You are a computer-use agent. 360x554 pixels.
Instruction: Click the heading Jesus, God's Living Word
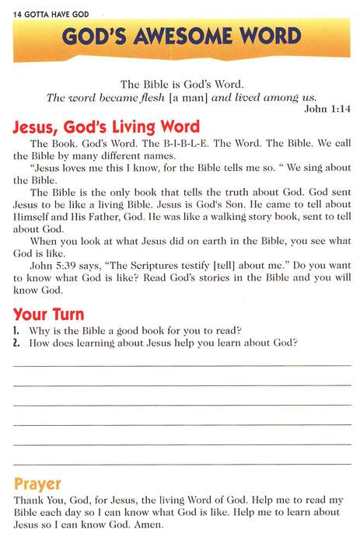(x=107, y=127)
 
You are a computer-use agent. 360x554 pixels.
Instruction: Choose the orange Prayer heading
(x=37, y=484)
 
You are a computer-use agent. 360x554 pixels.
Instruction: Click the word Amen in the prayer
(x=149, y=524)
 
